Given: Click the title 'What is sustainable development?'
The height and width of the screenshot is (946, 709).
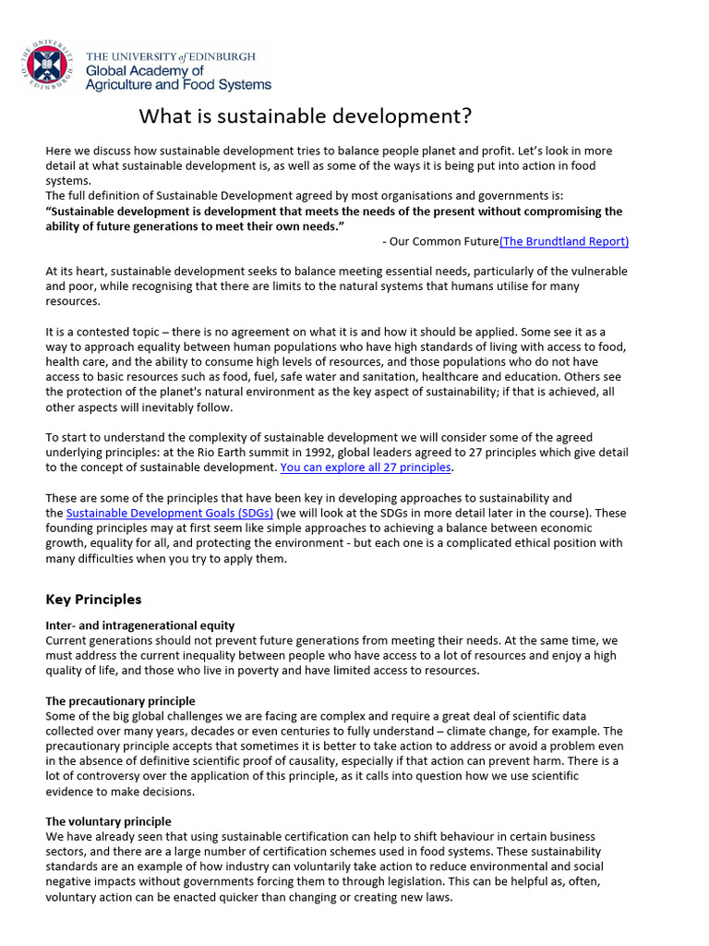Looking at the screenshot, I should click(x=305, y=116).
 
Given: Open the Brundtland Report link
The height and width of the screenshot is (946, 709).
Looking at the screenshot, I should click(x=564, y=241).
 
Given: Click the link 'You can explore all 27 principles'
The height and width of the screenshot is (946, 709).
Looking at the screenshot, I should click(x=366, y=467).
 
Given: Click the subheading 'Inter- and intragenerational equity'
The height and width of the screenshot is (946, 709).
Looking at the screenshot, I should click(x=140, y=625).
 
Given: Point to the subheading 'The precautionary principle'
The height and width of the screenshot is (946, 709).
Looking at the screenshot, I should click(x=120, y=701).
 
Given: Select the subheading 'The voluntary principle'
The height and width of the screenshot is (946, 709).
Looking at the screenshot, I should click(x=108, y=821).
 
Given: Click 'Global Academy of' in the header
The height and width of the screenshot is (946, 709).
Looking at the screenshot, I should click(x=144, y=70).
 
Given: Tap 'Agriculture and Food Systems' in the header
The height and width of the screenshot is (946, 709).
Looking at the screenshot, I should click(x=178, y=85).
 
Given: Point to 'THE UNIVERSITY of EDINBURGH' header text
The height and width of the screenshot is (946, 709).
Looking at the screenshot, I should click(x=171, y=56).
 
